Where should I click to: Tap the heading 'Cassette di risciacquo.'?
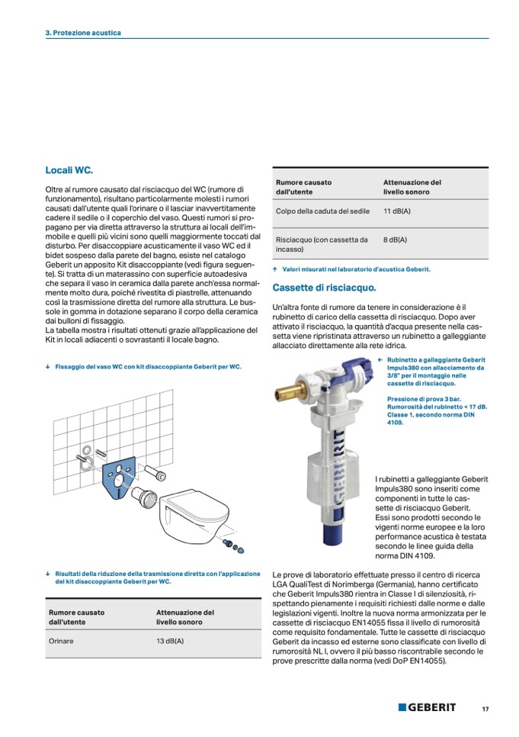324,288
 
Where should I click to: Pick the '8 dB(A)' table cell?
395,240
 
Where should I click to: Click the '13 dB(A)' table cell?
170,641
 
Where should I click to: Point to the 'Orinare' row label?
61,641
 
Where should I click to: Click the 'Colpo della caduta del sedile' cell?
322,211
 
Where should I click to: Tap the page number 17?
485,709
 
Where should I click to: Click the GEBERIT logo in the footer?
427,707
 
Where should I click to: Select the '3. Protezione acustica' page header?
83,33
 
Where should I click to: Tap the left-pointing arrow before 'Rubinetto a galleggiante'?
380,360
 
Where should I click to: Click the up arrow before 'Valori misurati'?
275,269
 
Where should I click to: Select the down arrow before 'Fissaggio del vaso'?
49,367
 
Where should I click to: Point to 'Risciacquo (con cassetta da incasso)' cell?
322,244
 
